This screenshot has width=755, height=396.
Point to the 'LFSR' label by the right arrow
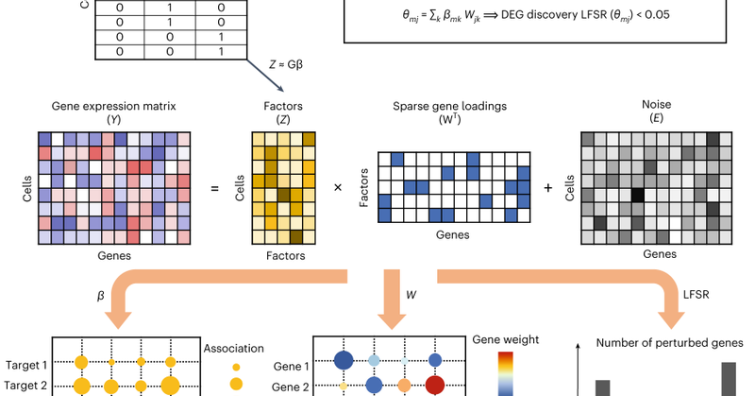(x=696, y=295)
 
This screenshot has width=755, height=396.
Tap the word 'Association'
(x=234, y=347)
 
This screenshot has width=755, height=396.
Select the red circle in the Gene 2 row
(x=435, y=385)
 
